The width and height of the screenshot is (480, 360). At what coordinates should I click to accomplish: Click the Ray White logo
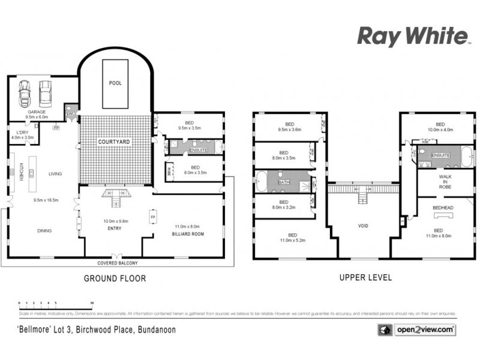[x=413, y=36]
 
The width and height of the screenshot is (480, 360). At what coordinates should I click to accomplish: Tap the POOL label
[x=115, y=83]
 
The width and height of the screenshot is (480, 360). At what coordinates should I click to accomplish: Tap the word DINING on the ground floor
[x=44, y=230]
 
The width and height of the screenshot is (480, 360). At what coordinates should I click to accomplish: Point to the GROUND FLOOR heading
[x=114, y=278]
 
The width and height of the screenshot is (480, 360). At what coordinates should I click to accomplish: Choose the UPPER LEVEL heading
[x=365, y=278]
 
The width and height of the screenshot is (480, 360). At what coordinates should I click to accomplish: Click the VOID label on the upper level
[x=364, y=226]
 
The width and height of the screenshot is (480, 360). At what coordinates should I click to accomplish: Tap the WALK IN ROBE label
[x=445, y=182]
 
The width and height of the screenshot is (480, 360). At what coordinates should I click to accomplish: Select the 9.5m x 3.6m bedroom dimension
[x=289, y=129]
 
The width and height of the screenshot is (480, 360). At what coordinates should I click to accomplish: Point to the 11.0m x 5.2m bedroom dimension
[x=292, y=240]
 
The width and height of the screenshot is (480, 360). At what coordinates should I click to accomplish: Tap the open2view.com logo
[x=416, y=330]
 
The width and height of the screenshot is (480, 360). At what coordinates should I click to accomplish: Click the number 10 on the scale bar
[x=91, y=303]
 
